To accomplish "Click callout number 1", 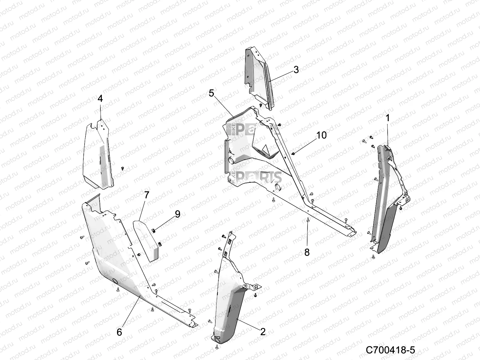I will (x=388, y=118).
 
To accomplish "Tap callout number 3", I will (x=296, y=70).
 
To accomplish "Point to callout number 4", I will (x=100, y=98).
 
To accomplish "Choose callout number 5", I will (x=211, y=93).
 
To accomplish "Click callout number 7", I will (x=146, y=195).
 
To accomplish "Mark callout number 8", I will (x=307, y=252).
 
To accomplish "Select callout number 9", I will (x=177, y=214).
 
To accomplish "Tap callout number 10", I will (x=321, y=135).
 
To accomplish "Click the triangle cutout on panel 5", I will (x=265, y=148).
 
